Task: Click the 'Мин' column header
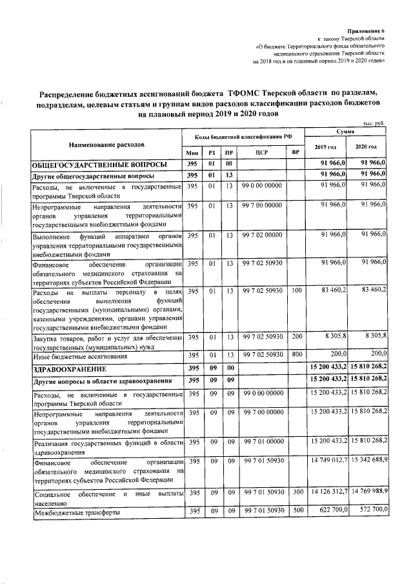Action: pyautogui.click(x=192, y=153)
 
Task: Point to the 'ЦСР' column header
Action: pyautogui.click(x=262, y=153)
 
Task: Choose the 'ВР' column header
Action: pyautogui.click(x=296, y=153)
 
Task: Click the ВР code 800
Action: pyautogui.click(x=296, y=355)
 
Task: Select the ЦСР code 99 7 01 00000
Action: pyautogui.click(x=262, y=441)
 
